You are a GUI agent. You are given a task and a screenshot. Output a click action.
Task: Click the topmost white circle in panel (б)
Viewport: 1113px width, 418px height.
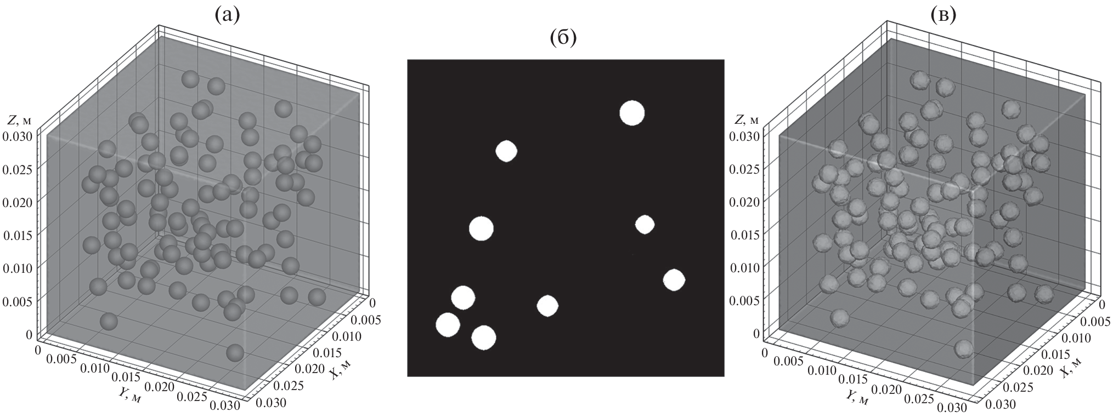click(x=632, y=113)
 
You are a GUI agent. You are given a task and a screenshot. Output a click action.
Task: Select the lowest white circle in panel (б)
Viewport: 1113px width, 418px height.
click(x=484, y=337)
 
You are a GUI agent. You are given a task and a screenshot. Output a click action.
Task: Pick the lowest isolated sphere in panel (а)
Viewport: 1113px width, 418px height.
click(x=235, y=352)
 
